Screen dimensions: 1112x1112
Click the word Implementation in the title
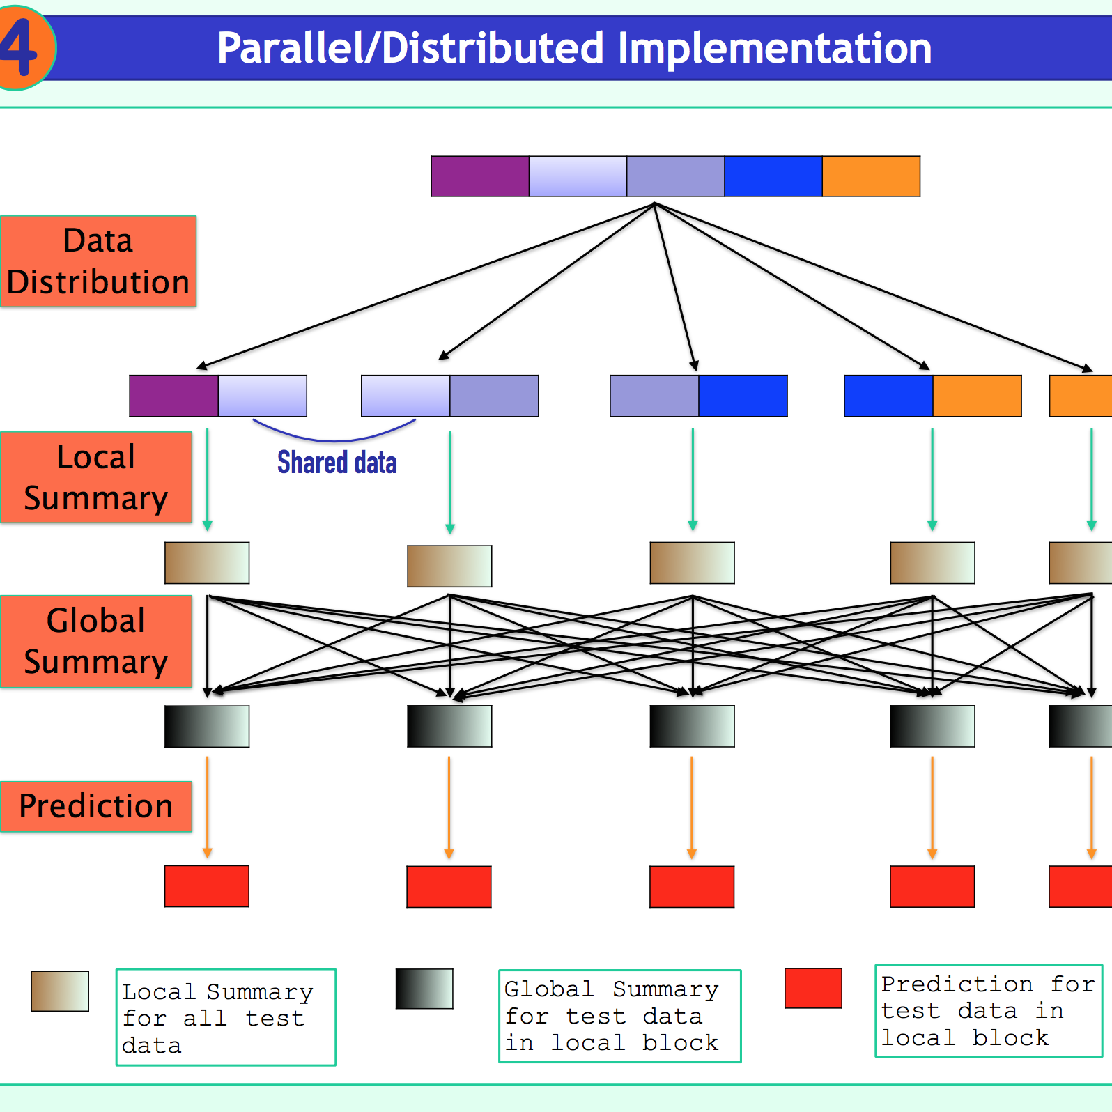coord(775,49)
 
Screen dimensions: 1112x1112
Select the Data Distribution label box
coord(98,261)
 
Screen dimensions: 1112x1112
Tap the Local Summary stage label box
coord(96,477)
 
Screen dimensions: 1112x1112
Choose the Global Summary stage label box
coord(96,641)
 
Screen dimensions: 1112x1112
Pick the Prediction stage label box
coord(96,806)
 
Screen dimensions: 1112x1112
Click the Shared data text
coord(337,463)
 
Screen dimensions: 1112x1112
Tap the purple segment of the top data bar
coord(480,176)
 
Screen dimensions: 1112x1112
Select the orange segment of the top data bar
coord(871,176)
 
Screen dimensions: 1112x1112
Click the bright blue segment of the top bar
coord(773,176)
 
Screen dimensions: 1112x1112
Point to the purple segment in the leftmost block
coord(174,396)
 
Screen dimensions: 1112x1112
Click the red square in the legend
coord(813,988)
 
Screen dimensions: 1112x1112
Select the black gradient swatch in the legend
coord(424,989)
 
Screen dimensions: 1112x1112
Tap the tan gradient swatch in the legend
coord(60,991)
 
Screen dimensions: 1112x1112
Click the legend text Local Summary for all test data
coord(217,1018)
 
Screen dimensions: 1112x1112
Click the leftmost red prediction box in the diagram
coord(207,886)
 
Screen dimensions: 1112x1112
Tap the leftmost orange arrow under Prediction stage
coord(207,807)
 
